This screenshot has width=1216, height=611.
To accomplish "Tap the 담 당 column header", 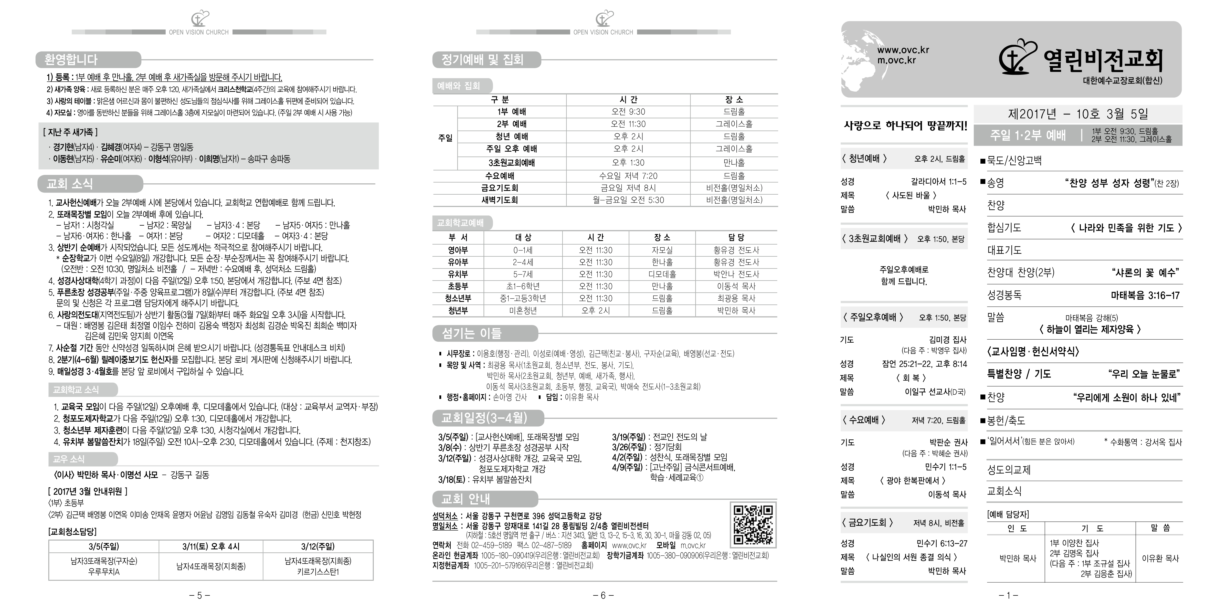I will pos(736,237).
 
